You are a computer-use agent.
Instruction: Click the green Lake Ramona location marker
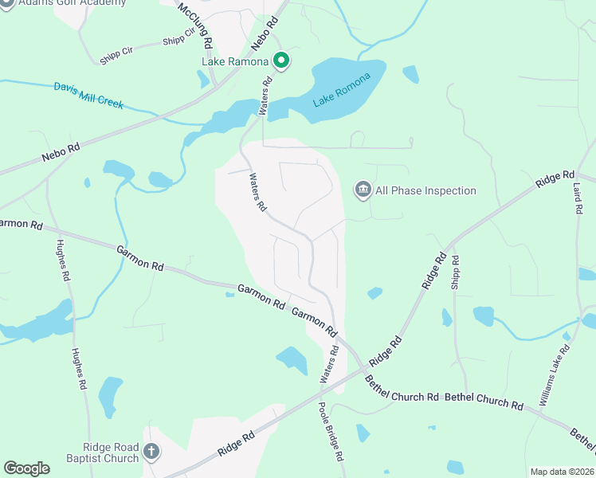point(280,60)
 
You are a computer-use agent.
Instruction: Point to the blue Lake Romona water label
point(342,90)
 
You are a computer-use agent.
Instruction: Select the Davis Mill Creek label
point(88,95)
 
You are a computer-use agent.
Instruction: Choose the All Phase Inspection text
point(425,190)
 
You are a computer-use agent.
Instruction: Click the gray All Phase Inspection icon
point(363,190)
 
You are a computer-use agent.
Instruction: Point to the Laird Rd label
point(577,195)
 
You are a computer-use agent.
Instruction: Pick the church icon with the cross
point(151,453)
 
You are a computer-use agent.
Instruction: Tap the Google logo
point(26,468)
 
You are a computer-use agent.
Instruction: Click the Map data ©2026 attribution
point(562,472)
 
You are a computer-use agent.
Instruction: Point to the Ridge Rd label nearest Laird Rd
point(555,178)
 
